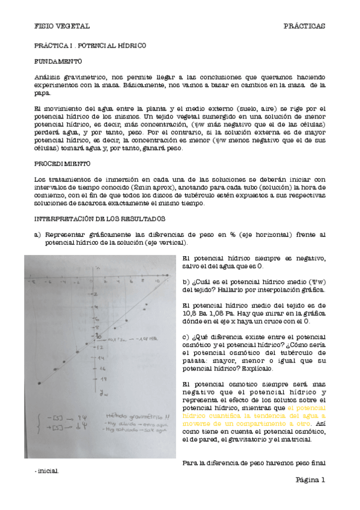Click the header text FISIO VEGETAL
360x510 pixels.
pyautogui.click(x=62, y=26)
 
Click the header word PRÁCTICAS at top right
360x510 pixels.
pyautogui.click(x=304, y=26)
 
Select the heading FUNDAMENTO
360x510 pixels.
pyautogui.click(x=58, y=62)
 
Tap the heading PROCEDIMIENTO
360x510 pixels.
pyautogui.click(x=63, y=163)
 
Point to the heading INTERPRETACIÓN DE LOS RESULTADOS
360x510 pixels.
pyautogui.click(x=100, y=219)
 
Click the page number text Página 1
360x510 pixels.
pyautogui.click(x=310, y=479)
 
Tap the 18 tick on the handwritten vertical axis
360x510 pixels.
pyautogui.click(x=103, y=379)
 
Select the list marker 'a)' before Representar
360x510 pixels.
pyautogui.click(x=37, y=235)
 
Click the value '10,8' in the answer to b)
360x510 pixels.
pyautogui.click(x=188, y=313)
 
